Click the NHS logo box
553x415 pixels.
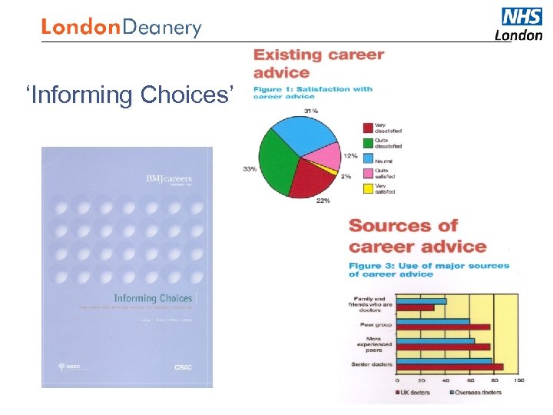coord(522,16)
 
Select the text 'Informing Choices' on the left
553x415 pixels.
coord(129,95)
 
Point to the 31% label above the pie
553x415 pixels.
coord(310,111)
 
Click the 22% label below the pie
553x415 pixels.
coord(323,201)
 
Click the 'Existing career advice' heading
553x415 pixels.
coord(319,64)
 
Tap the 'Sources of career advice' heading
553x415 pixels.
coord(417,236)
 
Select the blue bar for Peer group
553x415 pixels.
coord(432,321)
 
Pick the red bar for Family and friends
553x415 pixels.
coord(415,307)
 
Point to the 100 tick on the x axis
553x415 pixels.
coord(519,380)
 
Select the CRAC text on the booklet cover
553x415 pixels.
coord(182,368)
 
